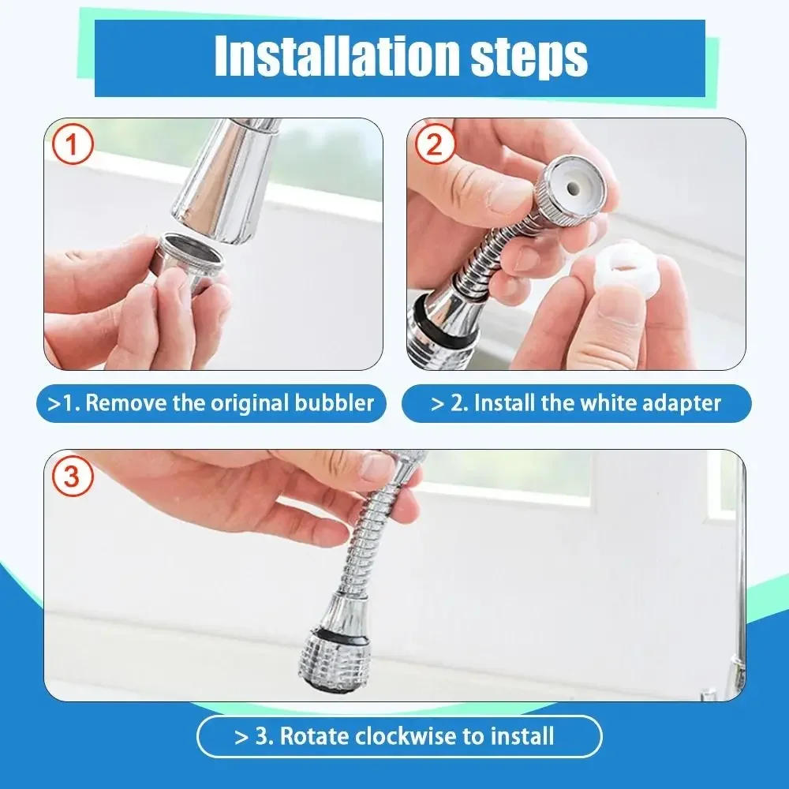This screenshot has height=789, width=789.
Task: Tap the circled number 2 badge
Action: point(436,145)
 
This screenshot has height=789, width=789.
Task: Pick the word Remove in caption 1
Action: point(126,404)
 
